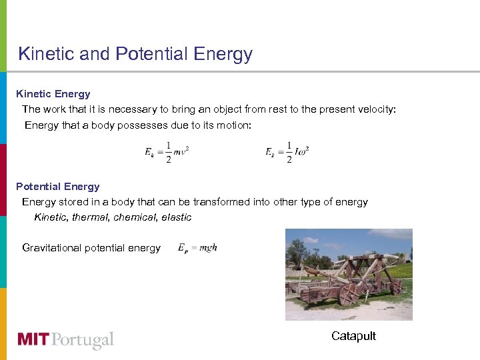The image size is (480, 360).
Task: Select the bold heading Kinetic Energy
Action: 53,94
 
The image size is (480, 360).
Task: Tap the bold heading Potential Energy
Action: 58,187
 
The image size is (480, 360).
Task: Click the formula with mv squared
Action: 167,152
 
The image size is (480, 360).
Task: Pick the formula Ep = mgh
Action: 197,248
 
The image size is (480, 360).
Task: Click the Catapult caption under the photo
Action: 353,336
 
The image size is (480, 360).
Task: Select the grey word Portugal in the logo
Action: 83,341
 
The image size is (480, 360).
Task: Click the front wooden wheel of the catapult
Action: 349,294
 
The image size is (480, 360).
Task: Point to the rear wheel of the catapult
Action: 397,285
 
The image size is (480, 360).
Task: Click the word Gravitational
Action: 54,248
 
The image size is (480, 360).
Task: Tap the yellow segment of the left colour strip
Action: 3,323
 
